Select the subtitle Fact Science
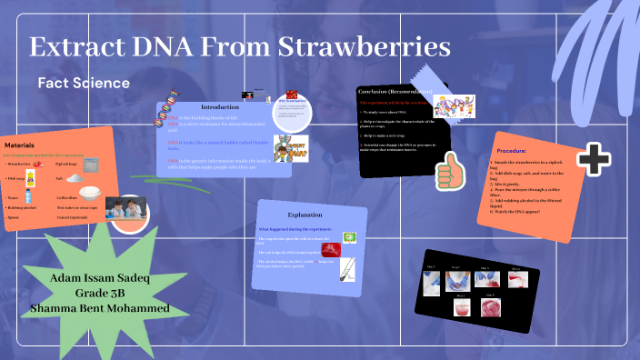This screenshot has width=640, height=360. coord(84,83)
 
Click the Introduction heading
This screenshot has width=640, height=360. coord(219,107)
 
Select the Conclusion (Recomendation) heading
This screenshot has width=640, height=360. coord(396,92)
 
